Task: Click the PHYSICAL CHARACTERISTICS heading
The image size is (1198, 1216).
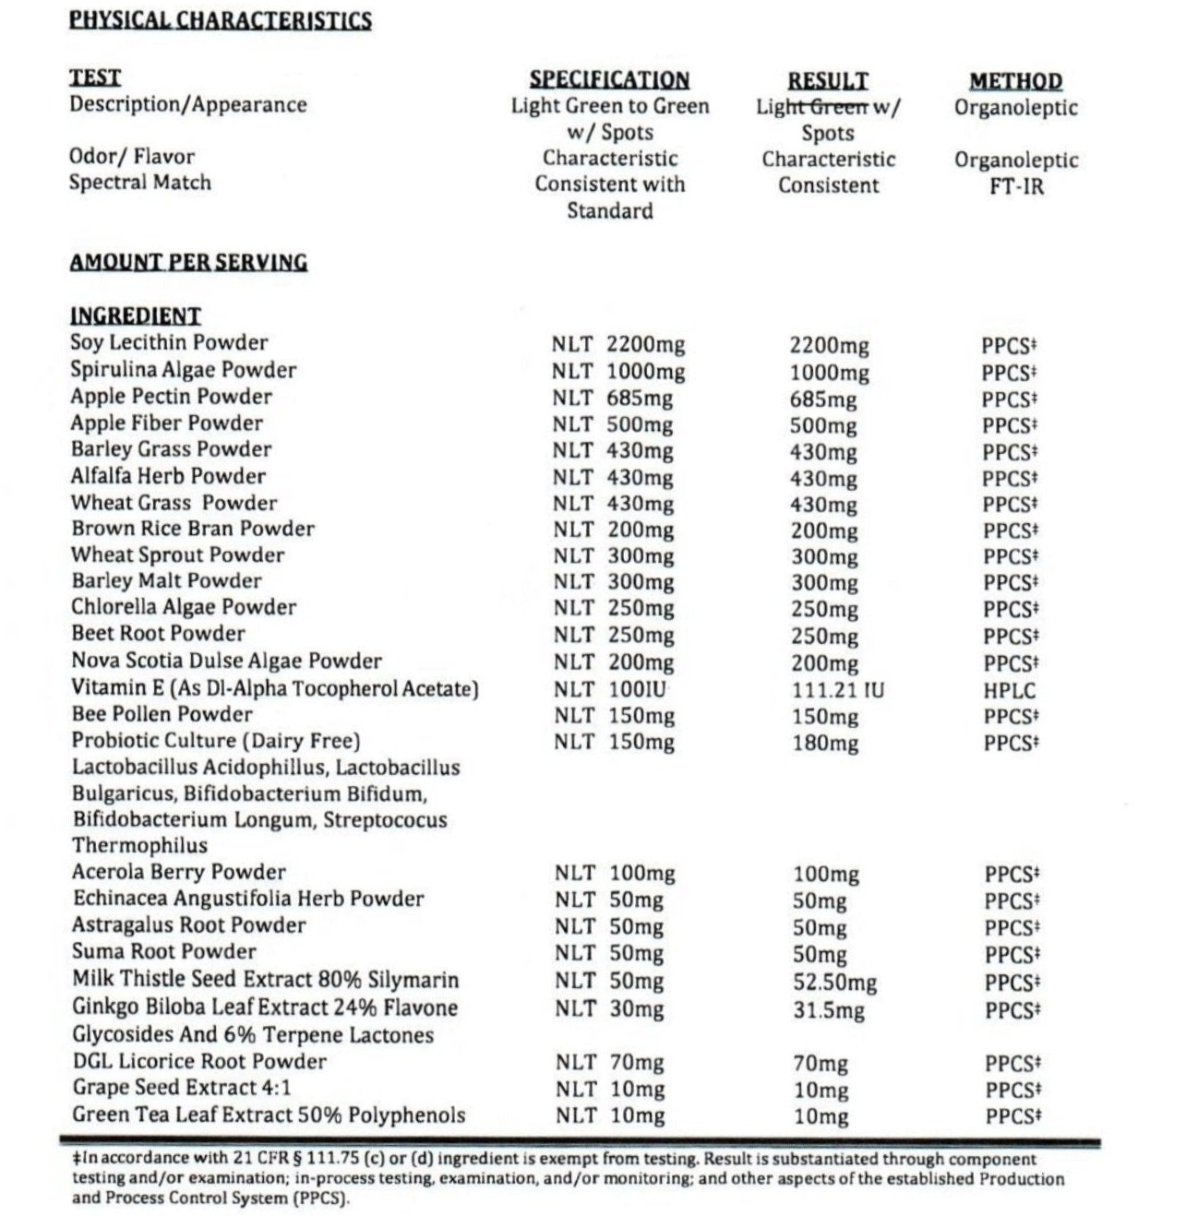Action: pos(221,19)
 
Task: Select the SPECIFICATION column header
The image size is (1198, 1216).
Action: pos(609,80)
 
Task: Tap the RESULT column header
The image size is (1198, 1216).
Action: pos(828,81)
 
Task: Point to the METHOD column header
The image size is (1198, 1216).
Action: pos(1015,81)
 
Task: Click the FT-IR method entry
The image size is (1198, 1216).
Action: pos(1016,185)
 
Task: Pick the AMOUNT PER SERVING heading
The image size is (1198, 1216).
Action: pos(188,262)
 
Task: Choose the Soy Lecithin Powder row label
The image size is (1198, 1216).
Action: pos(169,342)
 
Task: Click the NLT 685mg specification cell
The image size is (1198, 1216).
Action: pos(613,399)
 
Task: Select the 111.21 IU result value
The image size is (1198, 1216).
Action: pos(837,689)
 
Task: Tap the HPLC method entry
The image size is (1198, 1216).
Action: pos(1010,689)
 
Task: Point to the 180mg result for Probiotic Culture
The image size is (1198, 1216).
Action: pos(825,743)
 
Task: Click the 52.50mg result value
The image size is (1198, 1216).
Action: pos(834,982)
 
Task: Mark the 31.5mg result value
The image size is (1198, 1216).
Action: pos(829,1009)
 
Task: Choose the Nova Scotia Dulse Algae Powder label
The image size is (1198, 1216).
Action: pos(226,661)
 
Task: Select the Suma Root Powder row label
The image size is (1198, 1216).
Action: pos(164,951)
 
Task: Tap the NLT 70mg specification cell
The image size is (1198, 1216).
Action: pos(609,1063)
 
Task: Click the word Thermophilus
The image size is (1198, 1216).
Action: pos(140,845)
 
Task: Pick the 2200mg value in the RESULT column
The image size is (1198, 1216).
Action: pos(829,346)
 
